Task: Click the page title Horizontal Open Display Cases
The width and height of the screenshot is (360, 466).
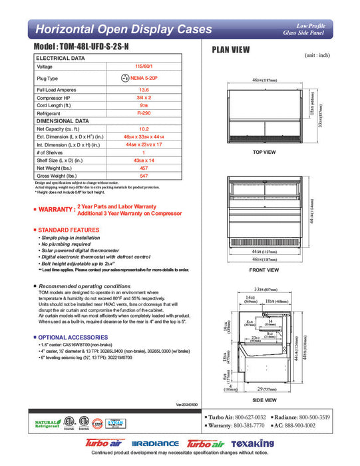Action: tap(124, 29)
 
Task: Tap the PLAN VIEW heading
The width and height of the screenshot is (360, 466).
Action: tap(230, 49)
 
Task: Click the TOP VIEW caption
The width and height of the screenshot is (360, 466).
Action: tap(264, 152)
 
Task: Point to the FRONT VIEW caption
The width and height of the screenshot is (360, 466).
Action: tap(264, 270)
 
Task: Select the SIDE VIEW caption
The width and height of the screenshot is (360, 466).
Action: tap(265, 400)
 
